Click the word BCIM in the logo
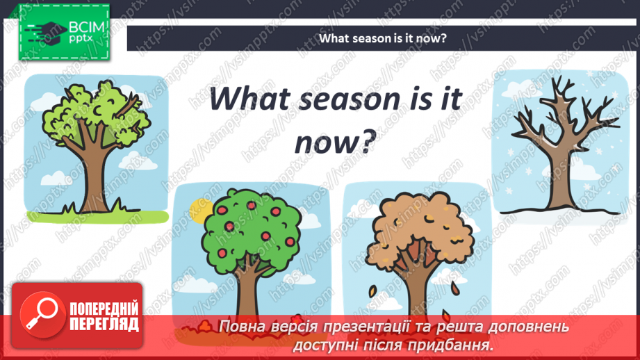(x=87, y=27)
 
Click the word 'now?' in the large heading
(x=335, y=142)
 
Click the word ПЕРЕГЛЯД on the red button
(x=104, y=325)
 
